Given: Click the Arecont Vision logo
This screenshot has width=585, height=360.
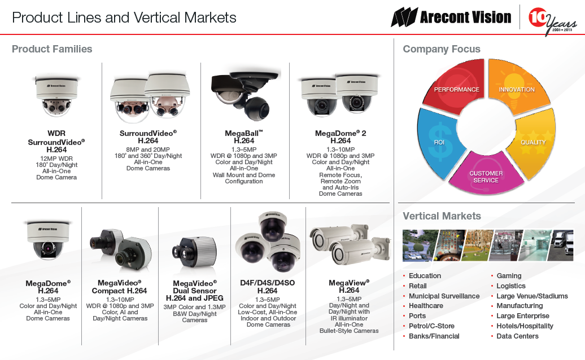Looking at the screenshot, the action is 451,17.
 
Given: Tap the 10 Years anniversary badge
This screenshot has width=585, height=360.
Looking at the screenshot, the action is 552,21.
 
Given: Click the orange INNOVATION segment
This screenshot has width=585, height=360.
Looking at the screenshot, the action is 518,86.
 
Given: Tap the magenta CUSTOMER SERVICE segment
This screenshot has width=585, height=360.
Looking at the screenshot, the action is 486,174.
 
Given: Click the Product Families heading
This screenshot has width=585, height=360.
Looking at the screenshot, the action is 52,49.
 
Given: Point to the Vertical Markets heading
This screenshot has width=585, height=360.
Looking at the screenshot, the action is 442,216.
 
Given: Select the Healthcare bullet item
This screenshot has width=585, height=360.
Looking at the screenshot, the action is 426,306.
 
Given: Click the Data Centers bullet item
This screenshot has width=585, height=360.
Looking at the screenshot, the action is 517,336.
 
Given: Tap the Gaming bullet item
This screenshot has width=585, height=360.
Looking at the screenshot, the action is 509,276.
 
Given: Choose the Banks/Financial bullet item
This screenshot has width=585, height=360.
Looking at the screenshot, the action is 434,336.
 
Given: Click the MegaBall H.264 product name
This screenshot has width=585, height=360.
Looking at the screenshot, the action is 244,137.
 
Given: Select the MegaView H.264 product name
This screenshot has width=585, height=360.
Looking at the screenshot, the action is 349,286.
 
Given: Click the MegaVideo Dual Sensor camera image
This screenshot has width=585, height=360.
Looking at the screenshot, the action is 194,253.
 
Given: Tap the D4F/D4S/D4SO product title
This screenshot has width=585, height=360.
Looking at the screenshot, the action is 268,283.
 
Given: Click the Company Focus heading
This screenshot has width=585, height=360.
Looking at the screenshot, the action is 442,49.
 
